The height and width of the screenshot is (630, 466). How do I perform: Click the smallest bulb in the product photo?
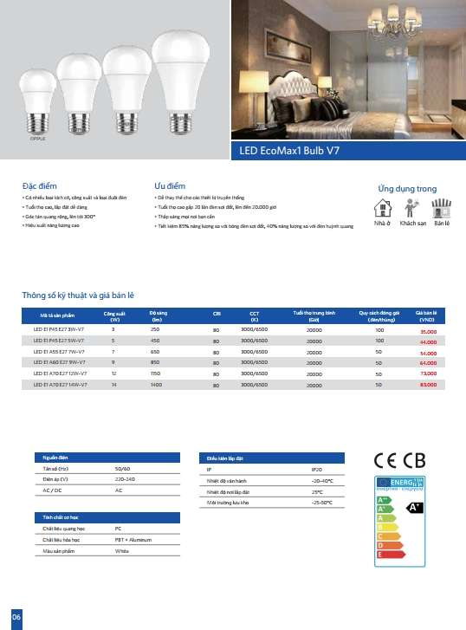pyautogui.click(x=36, y=101)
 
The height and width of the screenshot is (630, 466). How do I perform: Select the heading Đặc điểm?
pyautogui.click(x=40, y=186)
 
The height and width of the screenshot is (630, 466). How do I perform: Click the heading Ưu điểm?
pyautogui.click(x=170, y=186)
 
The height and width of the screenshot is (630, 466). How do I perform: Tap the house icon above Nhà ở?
pyautogui.click(x=382, y=207)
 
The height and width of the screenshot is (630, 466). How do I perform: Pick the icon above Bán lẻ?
pyautogui.click(x=443, y=207)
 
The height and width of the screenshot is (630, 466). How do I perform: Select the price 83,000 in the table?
pyautogui.click(x=428, y=383)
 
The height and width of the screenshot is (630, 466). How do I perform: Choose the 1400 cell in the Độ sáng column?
pyautogui.click(x=156, y=383)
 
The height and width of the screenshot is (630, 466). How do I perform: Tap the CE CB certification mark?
pyautogui.click(x=399, y=460)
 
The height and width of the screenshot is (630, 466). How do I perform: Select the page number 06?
pyautogui.click(x=15, y=615)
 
